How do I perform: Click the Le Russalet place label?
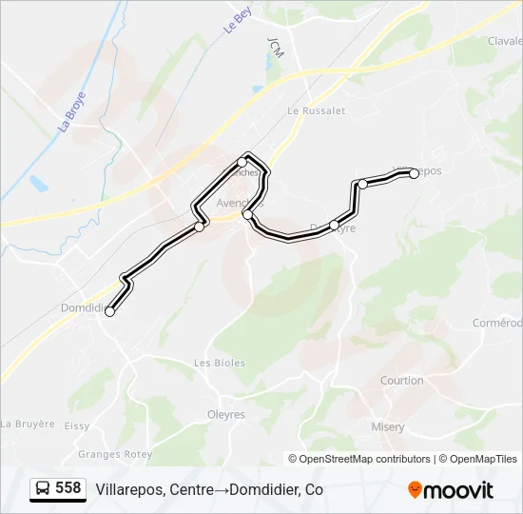[316, 110]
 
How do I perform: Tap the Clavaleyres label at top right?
[505, 41]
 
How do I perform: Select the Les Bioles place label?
[220, 363]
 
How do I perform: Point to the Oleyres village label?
[226, 415]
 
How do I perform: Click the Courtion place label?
[401, 381]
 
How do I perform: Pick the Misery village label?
[388, 427]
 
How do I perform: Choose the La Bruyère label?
[28, 424]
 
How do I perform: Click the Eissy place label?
[77, 427]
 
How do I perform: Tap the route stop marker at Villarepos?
[414, 173]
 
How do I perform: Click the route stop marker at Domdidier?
[110, 311]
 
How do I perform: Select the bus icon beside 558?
[44, 489]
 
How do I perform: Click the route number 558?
[68, 488]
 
